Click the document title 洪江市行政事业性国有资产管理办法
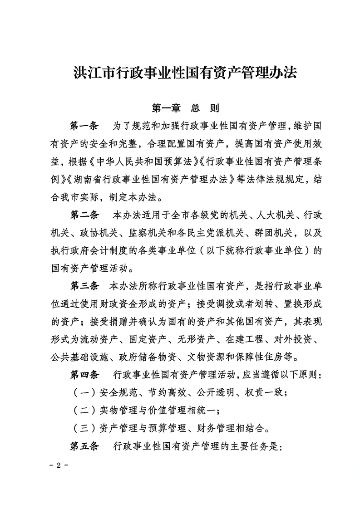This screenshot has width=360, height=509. click(x=185, y=73)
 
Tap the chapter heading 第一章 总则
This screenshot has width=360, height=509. click(x=185, y=108)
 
